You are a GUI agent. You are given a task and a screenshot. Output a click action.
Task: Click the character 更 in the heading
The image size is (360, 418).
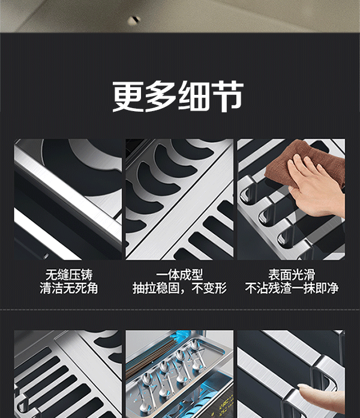point(128,96)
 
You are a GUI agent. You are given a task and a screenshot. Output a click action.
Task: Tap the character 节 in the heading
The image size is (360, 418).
point(227,96)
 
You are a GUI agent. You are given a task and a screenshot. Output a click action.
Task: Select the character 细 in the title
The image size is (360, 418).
point(194,96)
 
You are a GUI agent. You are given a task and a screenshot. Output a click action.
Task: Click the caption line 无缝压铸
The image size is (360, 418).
point(68,275)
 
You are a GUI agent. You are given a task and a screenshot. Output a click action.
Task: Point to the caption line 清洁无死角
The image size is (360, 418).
point(68,288)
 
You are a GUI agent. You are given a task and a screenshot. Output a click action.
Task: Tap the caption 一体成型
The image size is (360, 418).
point(179,275)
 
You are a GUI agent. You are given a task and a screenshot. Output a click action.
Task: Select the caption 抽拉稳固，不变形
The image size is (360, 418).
point(179,288)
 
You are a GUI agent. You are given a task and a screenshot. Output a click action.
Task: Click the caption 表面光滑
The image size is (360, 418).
point(292,275)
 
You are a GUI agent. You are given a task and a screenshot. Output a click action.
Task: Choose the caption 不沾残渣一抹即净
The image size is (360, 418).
point(292,288)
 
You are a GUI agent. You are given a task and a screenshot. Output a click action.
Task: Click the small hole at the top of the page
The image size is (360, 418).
point(134,20)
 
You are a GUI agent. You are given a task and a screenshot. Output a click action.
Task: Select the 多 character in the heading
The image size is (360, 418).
point(161,96)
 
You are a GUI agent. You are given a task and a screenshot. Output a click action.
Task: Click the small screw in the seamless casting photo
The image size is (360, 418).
point(46,256)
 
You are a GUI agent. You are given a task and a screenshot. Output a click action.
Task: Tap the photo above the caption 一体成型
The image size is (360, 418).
point(179,199)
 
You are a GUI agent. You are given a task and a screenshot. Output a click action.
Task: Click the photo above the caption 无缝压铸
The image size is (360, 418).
point(68,199)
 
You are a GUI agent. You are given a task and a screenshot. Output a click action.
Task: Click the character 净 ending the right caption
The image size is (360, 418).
point(333,288)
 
